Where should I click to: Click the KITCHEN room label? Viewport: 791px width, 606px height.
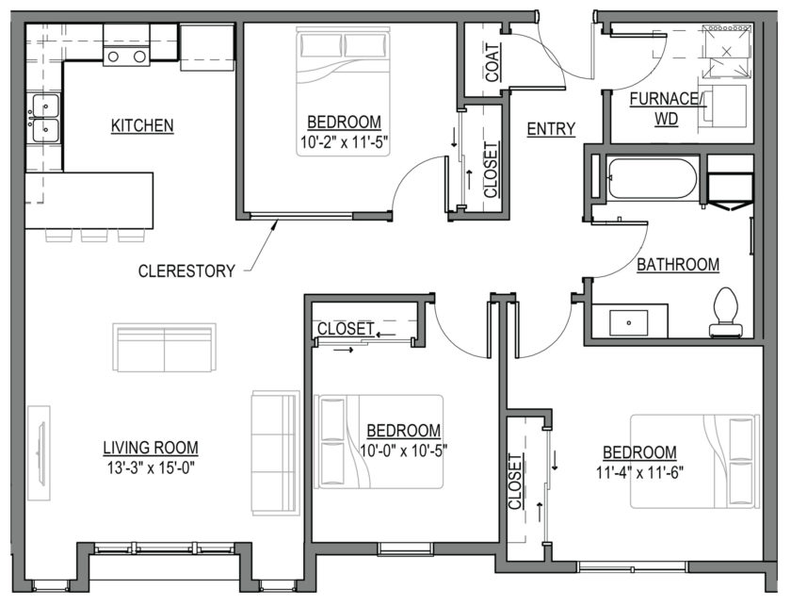[x=142, y=125]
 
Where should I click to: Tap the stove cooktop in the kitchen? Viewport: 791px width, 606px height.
[x=127, y=57]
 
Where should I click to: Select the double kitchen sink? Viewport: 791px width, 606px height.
[x=44, y=118]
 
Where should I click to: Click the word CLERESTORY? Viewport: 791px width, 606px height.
[x=186, y=270]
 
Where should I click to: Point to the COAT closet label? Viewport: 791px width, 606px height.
[x=492, y=62]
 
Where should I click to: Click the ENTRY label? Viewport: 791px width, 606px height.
[x=551, y=129]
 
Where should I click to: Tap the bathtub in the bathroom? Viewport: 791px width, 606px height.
[x=653, y=179]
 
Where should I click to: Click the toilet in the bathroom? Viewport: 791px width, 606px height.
[x=726, y=312]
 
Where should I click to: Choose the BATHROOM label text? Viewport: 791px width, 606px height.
[x=678, y=265]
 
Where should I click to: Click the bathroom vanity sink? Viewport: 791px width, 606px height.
[x=627, y=321]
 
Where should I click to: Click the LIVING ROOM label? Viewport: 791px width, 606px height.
[x=151, y=448]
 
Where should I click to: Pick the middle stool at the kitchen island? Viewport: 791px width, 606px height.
[x=94, y=235]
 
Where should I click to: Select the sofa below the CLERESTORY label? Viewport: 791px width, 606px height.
[x=165, y=348]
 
